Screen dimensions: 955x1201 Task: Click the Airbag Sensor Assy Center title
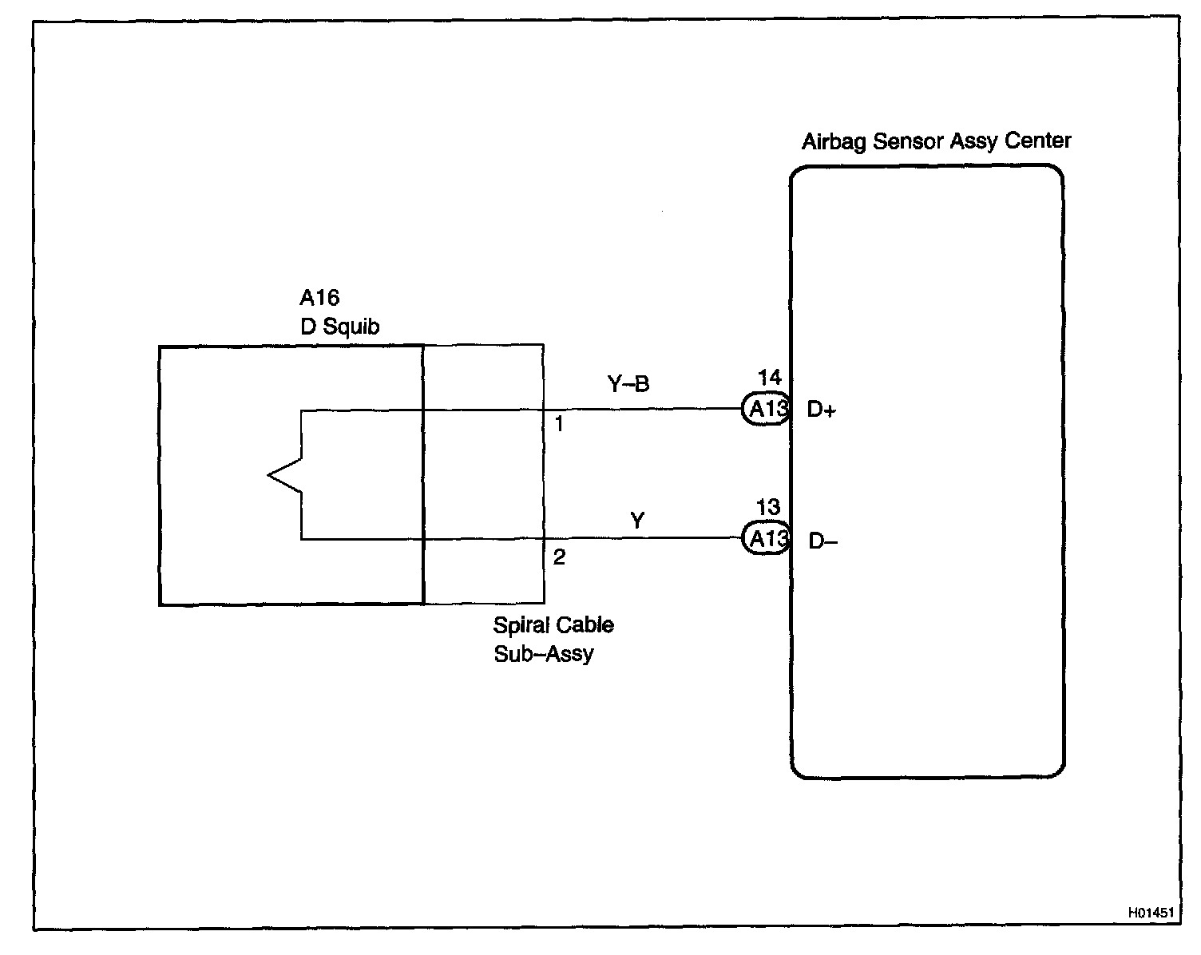pyautogui.click(x=936, y=141)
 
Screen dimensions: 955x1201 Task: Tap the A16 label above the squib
pyautogui.click(x=319, y=298)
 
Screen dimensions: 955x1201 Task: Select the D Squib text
pyautogui.click(x=339, y=326)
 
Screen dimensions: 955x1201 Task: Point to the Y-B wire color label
pyautogui.click(x=628, y=385)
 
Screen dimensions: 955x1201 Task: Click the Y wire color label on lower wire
pyautogui.click(x=636, y=521)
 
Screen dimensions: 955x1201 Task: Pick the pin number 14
pyautogui.click(x=770, y=378)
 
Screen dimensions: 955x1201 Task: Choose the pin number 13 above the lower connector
pyautogui.click(x=768, y=507)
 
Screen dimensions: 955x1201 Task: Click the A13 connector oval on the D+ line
pyautogui.click(x=767, y=410)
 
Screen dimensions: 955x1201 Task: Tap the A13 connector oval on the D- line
pyautogui.click(x=767, y=539)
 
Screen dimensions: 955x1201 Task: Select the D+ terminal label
pyautogui.click(x=821, y=410)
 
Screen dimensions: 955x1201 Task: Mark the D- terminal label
pyautogui.click(x=822, y=541)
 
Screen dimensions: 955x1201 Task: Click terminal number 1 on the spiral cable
pyautogui.click(x=559, y=425)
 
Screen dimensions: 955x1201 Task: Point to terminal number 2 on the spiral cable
pyautogui.click(x=559, y=557)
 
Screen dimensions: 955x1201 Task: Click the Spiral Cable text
pyautogui.click(x=553, y=624)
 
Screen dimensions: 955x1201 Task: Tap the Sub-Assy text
pyautogui.click(x=544, y=654)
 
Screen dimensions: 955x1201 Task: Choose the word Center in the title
pyautogui.click(x=1037, y=141)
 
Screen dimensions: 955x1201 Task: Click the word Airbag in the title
pyautogui.click(x=834, y=142)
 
